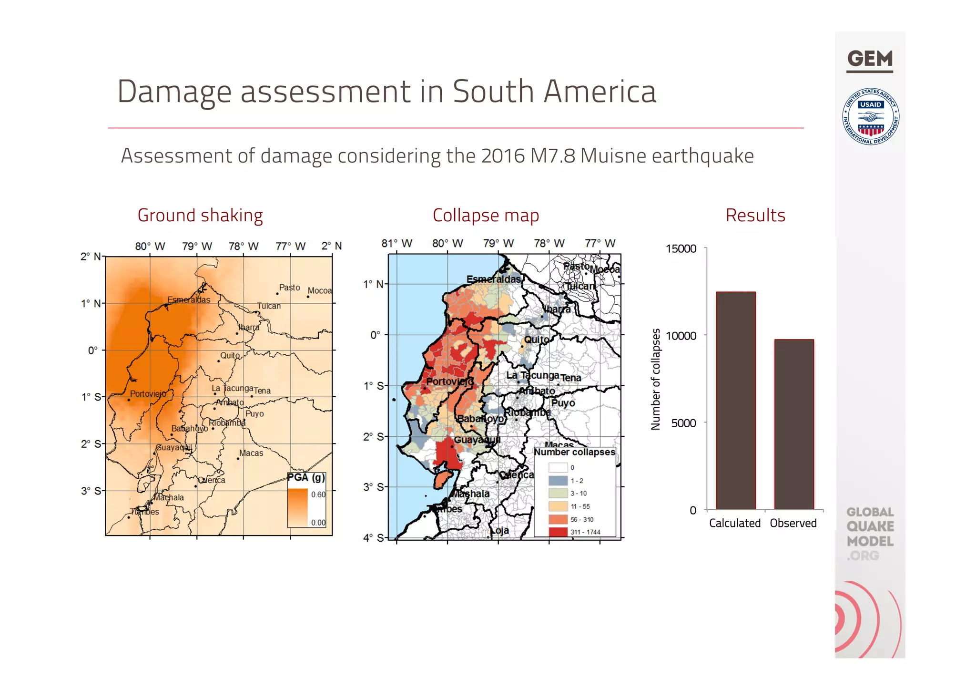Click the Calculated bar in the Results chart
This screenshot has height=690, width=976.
pyautogui.click(x=735, y=401)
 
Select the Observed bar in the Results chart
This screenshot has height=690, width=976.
pyautogui.click(x=793, y=424)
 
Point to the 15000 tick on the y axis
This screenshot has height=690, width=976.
pyautogui.click(x=681, y=249)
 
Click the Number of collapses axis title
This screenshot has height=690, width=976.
pyautogui.click(x=656, y=379)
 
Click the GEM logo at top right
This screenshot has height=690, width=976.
pyautogui.click(x=870, y=60)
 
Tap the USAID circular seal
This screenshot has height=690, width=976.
pyautogui.click(x=871, y=117)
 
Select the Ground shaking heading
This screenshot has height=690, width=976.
pyautogui.click(x=200, y=216)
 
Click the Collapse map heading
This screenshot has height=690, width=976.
pyautogui.click(x=486, y=216)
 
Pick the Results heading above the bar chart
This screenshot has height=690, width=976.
pyautogui.click(x=755, y=216)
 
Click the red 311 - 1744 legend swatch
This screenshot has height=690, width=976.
pyautogui.click(x=558, y=532)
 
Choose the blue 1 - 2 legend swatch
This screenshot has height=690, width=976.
pyautogui.click(x=558, y=481)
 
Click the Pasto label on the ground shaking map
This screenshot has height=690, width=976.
pyautogui.click(x=289, y=288)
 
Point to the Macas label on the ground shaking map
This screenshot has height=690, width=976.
pyautogui.click(x=251, y=453)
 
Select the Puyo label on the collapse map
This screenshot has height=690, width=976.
pyautogui.click(x=563, y=403)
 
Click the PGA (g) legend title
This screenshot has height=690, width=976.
pyautogui.click(x=306, y=477)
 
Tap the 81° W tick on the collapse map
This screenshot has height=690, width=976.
pyautogui.click(x=396, y=244)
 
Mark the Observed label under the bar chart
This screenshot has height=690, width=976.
pyautogui.click(x=793, y=523)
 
